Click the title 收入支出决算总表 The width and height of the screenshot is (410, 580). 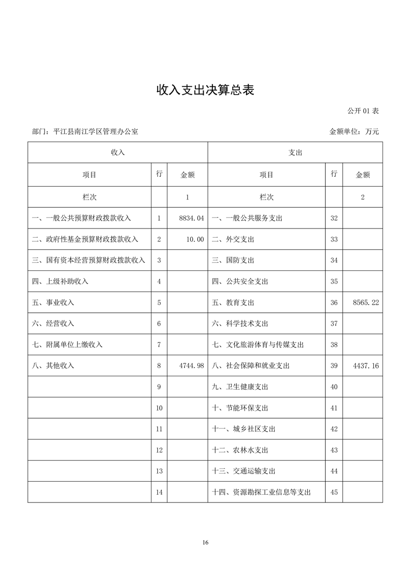205,90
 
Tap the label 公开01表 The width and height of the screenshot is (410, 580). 363,111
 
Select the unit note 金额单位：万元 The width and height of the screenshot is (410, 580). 354,132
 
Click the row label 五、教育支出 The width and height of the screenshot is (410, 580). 233,303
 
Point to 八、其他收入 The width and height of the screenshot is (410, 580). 53,366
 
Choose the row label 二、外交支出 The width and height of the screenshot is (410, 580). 233,239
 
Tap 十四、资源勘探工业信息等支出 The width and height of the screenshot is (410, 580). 262,493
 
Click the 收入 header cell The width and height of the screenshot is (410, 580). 118,153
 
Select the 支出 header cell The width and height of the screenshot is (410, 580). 295,153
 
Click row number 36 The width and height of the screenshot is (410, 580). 334,303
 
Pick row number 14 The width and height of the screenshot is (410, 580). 159,493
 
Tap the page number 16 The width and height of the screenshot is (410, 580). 205,542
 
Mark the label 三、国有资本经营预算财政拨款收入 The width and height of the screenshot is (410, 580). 88,261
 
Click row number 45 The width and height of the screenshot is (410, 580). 334,493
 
